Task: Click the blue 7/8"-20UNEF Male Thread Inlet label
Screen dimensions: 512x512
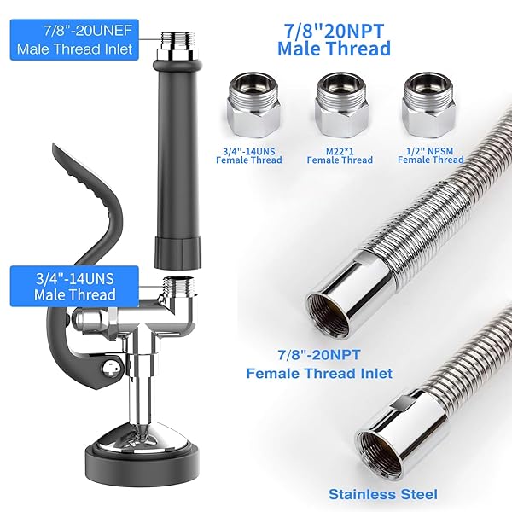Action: pos(74,41)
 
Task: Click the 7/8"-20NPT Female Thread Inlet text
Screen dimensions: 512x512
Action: pos(318,365)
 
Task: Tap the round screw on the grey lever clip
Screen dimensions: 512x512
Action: pos(108,367)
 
